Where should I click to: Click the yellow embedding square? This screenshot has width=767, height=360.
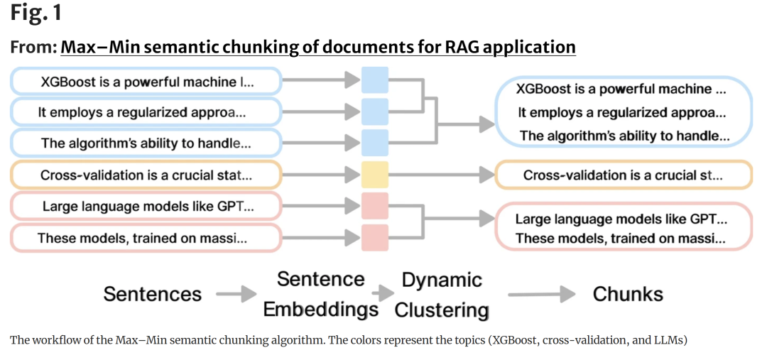375,175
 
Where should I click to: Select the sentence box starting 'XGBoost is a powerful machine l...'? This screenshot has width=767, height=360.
146,81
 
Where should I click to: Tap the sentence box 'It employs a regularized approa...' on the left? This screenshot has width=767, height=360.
146,112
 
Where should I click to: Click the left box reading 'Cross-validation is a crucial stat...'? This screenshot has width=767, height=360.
146,175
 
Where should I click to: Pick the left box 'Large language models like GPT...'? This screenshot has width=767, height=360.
146,206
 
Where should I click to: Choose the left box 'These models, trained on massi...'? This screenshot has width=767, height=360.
146,238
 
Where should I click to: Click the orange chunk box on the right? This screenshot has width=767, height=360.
624,175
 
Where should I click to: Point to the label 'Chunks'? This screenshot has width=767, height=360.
628,294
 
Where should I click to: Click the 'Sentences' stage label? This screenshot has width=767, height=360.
153,294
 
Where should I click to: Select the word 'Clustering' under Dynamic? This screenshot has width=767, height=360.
442,310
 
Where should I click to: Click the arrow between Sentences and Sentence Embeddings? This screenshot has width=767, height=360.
236,294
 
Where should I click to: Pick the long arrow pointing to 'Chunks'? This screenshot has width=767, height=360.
541,294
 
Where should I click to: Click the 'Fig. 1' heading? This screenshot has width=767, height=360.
36,13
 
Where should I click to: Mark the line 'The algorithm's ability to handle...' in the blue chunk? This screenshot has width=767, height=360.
625,136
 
